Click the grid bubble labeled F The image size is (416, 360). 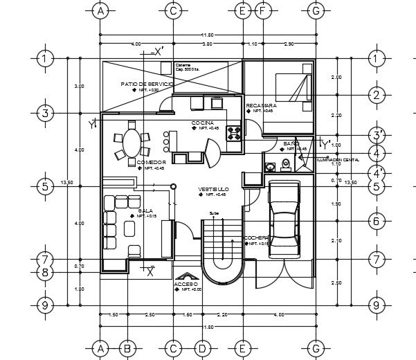(x=262, y=10)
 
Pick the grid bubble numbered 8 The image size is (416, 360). (x=44, y=273)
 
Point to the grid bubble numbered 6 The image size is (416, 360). (x=376, y=222)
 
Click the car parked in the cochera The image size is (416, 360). (x=284, y=220)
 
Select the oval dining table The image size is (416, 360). (x=131, y=143)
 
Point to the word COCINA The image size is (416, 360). (x=202, y=123)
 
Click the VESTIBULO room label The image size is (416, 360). (x=213, y=189)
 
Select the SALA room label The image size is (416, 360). (x=145, y=210)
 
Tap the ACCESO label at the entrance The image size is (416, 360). (x=186, y=284)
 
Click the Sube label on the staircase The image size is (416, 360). (x=214, y=213)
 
